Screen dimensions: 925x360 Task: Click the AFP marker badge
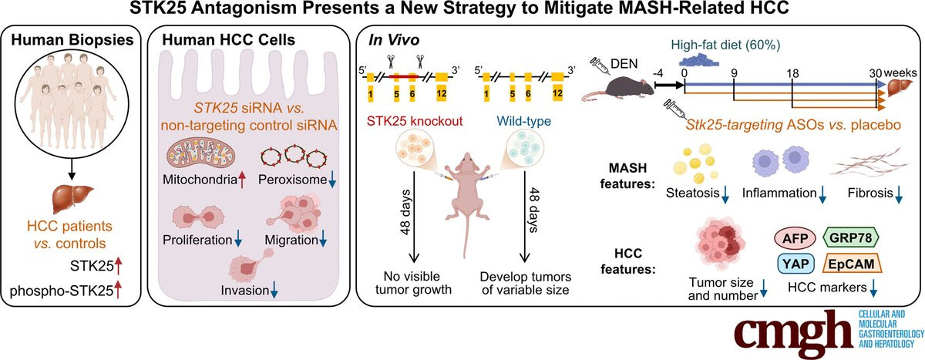coord(795,238)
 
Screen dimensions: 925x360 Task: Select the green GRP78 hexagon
coord(851,237)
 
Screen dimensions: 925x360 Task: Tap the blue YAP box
coord(795,264)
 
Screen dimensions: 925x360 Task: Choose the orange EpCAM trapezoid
coord(852,264)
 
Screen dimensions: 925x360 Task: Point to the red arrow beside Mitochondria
coord(242,180)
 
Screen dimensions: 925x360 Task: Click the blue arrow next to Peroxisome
coord(332,181)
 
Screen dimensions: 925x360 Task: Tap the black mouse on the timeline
coord(618,89)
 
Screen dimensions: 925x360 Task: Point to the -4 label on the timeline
coord(658,73)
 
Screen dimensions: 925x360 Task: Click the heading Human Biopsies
coord(72,40)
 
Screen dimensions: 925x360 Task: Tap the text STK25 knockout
coord(415,121)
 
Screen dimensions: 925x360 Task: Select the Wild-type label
coord(523,121)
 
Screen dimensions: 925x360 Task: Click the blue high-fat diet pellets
coord(699,60)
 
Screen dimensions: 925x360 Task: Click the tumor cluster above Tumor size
coord(721,244)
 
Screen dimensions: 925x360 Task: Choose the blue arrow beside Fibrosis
coord(898,194)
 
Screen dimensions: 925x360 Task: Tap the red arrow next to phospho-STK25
coord(118,290)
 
